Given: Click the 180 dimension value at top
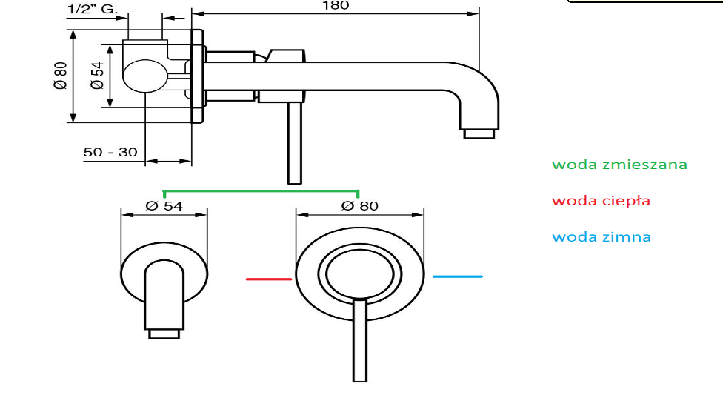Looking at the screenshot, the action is tap(336, 5).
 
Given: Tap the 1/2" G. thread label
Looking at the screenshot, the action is tap(92, 9).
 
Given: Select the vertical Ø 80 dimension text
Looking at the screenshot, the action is tap(61, 76).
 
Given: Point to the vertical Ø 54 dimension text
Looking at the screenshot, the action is tap(97, 76).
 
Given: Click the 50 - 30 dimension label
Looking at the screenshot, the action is tap(110, 152).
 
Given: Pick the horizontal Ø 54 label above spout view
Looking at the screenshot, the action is tap(164, 206).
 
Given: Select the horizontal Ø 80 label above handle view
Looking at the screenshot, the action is tap(360, 206).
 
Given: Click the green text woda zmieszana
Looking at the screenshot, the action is tap(619, 165).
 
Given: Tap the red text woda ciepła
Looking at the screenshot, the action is tap(601, 201).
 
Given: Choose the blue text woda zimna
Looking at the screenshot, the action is tap(602, 236).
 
